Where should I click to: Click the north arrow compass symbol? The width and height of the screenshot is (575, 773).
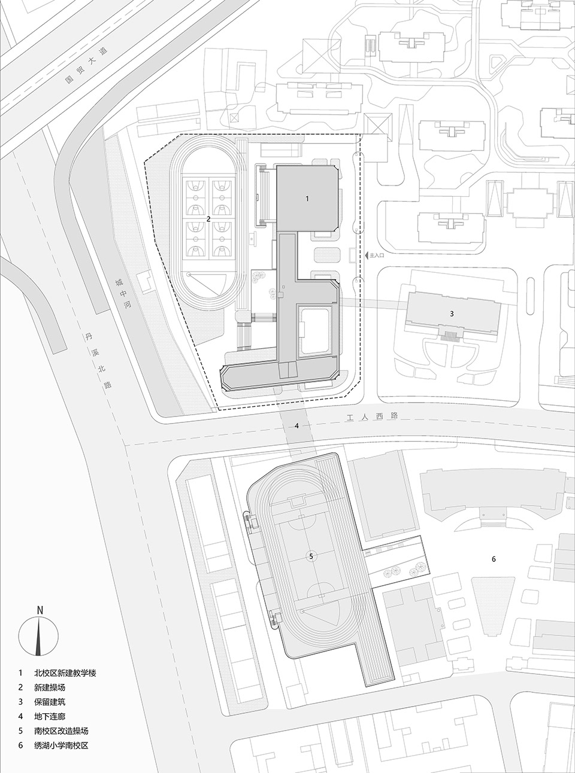tap(39, 635)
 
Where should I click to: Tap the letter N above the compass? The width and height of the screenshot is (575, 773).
tap(39, 610)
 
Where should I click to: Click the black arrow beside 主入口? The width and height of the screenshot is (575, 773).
tap(366, 255)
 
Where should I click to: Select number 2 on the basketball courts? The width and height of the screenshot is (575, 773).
tap(208, 219)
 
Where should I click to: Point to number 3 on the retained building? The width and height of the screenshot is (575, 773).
tap(452, 313)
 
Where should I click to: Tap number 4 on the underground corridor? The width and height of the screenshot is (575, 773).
tap(296, 426)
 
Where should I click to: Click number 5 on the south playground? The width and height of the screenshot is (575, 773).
tap(311, 556)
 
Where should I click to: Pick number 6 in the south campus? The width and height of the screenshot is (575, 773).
tap(494, 559)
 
